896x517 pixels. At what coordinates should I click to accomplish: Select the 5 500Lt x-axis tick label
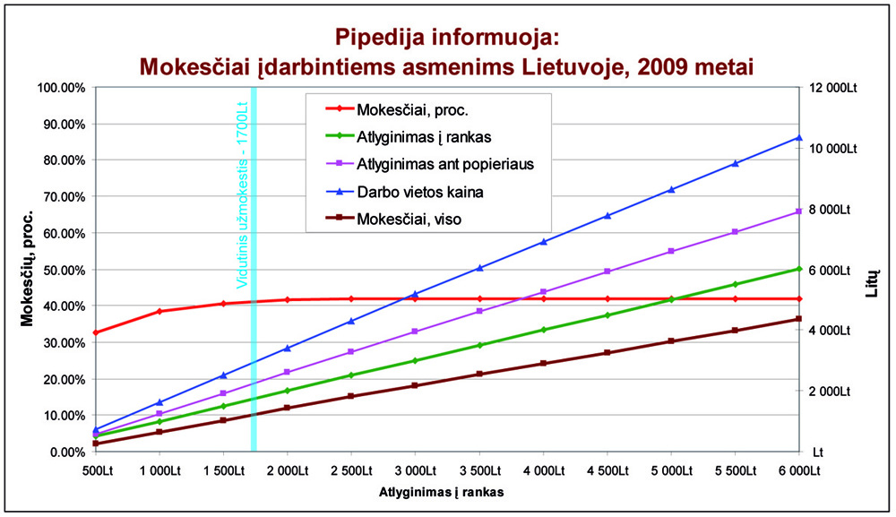(x=734, y=470)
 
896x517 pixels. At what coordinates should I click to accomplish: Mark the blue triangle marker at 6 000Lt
(x=797, y=137)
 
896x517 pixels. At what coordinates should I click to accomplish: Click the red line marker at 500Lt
(x=96, y=332)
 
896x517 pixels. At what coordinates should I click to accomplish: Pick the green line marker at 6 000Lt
(x=797, y=268)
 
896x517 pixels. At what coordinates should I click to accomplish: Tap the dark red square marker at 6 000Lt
(x=797, y=319)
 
